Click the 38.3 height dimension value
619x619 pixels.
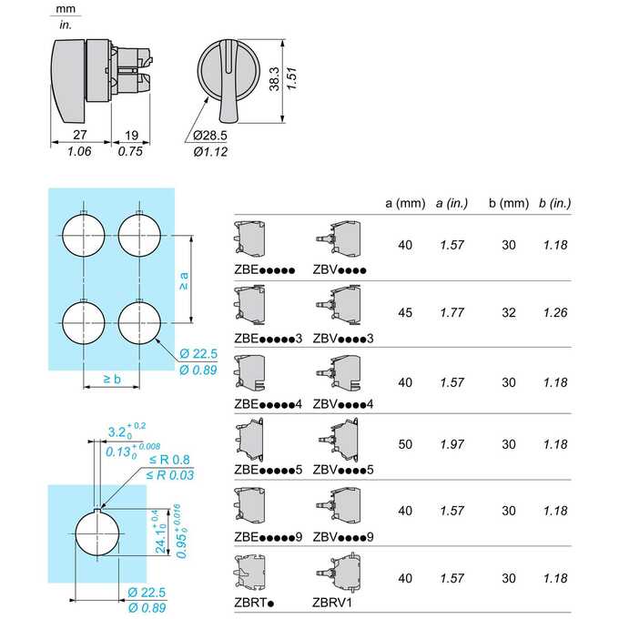point(274,79)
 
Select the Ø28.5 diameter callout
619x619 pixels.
point(210,136)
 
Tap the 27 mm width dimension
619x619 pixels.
point(80,135)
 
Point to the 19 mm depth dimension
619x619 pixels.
point(131,136)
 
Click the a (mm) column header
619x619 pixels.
point(405,203)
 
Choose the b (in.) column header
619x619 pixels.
point(555,203)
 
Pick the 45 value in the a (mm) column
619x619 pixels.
point(405,312)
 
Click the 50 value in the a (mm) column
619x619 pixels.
point(405,444)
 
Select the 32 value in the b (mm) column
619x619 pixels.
point(509,312)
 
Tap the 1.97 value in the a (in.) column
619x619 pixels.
point(452,444)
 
